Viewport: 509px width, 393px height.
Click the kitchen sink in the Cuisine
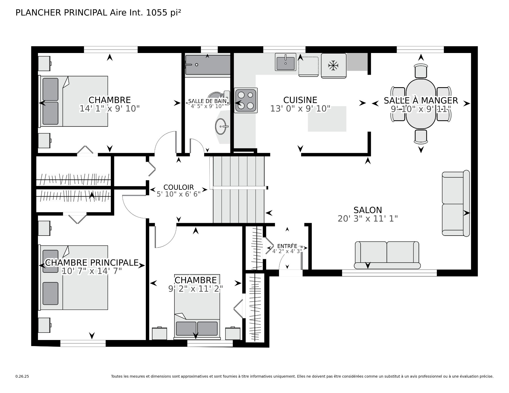tap(285, 62)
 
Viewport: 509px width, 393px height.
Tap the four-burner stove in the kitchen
tap(245, 100)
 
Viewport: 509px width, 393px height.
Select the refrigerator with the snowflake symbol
tap(334, 66)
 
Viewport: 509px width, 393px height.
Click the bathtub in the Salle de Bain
tap(208, 65)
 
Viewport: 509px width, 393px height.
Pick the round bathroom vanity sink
tap(222, 126)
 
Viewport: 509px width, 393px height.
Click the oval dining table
tap(421, 104)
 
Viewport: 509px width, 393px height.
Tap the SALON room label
tap(368, 210)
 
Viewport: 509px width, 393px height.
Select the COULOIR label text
tap(179, 187)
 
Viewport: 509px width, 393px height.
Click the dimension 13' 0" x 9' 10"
tap(300, 109)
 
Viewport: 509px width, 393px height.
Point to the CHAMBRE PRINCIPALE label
tap(92, 263)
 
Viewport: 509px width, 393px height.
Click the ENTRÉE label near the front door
tap(287, 246)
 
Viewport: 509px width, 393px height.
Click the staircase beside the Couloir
tap(239, 189)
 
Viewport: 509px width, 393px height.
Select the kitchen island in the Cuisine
tap(327, 119)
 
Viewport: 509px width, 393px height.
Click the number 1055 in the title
tap(157, 13)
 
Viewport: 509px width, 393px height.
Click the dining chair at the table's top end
tap(421, 71)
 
